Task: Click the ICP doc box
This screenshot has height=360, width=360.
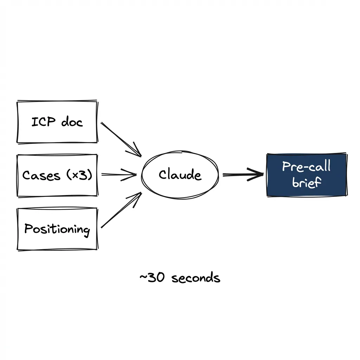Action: coord(57,122)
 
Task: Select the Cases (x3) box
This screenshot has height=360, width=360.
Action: coord(57,175)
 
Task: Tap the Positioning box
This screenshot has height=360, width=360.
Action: coord(57,229)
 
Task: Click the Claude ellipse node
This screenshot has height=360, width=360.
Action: coord(180,175)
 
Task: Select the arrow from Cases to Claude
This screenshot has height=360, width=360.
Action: coord(118,174)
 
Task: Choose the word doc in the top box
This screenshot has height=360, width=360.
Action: coord(72,122)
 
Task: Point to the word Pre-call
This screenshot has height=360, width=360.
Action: coord(306,167)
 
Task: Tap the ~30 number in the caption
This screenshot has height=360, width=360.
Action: coord(149,278)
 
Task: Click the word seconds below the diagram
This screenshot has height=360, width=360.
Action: coord(196,278)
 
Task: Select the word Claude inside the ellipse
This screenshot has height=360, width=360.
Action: coord(180,175)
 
